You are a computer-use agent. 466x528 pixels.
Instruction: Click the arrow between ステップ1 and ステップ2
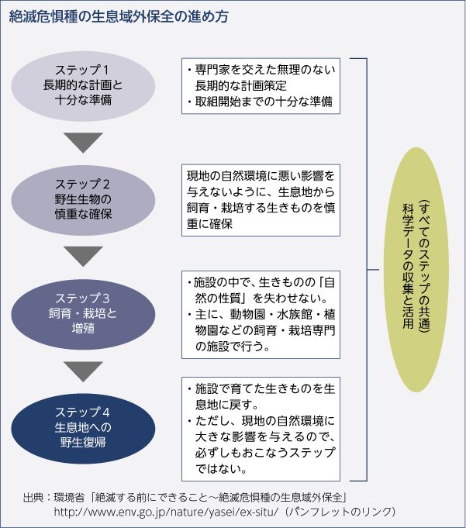pyautogui.click(x=83, y=142)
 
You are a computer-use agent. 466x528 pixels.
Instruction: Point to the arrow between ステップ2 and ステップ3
pyautogui.click(x=83, y=256)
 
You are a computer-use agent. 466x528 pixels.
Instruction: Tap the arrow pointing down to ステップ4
pyautogui.click(x=83, y=371)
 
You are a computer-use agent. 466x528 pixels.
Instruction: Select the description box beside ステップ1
pyautogui.click(x=261, y=85)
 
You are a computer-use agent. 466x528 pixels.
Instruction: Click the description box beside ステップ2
pyautogui.click(x=261, y=199)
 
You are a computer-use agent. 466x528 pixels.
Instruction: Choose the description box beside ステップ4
pyautogui.click(x=261, y=429)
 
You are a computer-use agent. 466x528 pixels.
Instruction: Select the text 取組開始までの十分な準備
pyautogui.click(x=264, y=102)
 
